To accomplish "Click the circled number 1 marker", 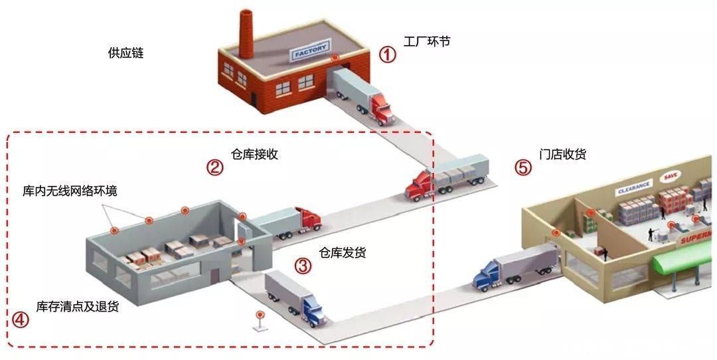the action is [387, 55].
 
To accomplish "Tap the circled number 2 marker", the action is [214, 167].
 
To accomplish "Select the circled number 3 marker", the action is [303, 265].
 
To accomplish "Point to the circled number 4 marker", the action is [20, 319].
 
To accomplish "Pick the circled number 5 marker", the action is [524, 168].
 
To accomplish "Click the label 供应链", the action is [125, 53].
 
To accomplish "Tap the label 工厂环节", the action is [427, 41].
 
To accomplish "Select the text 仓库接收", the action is [254, 154].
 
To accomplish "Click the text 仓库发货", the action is [342, 252].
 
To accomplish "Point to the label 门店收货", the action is [562, 154].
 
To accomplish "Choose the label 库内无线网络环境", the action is [70, 190].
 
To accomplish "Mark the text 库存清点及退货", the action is [77, 306].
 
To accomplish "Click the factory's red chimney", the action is [246, 33].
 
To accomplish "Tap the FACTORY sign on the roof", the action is [311, 49].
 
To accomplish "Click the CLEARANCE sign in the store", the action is [634, 187].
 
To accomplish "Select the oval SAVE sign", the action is [671, 176].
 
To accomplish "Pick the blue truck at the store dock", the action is [515, 268].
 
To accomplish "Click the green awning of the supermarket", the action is [683, 258].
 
